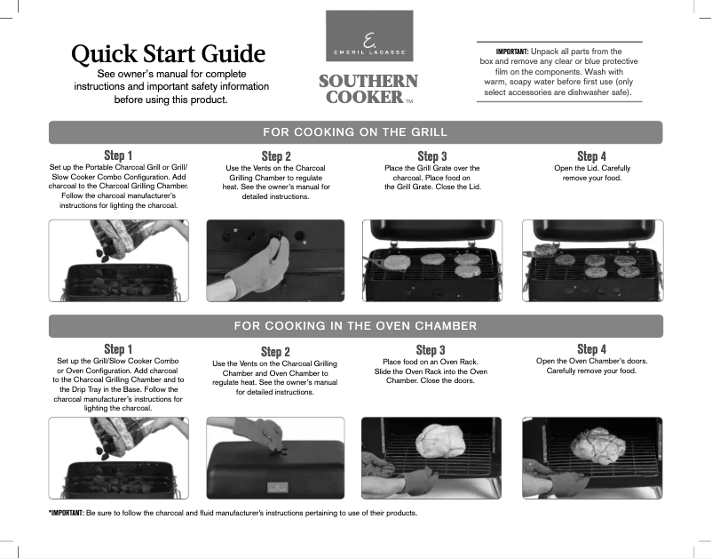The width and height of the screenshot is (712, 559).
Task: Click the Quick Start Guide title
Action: [x=169, y=53]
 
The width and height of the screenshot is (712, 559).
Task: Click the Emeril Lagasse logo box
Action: [x=368, y=36]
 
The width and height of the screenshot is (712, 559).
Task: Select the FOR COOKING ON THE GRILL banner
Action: [x=355, y=132]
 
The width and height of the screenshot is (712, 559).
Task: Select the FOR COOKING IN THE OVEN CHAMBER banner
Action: [x=355, y=325]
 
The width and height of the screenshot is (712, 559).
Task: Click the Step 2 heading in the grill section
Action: [x=276, y=156]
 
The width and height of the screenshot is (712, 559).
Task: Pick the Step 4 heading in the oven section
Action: [x=591, y=349]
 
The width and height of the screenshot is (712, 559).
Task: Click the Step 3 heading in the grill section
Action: [x=431, y=156]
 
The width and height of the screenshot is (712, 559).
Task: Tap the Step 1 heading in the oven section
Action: [x=119, y=349]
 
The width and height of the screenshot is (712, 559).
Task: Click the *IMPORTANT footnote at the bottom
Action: [x=232, y=513]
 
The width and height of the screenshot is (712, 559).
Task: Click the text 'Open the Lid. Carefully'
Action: [x=592, y=168]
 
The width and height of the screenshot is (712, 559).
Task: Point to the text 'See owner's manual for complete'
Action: [x=171, y=72]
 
